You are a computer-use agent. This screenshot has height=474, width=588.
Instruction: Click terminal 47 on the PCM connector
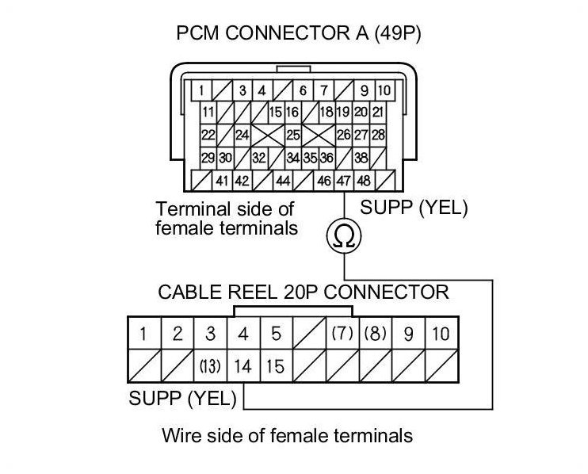(344, 181)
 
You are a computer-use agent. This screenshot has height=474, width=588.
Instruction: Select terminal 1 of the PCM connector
(204, 90)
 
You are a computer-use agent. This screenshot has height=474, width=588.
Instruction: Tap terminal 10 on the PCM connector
(384, 90)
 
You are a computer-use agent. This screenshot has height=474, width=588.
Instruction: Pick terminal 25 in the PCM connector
(293, 135)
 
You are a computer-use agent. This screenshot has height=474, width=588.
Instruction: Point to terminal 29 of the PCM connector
(208, 158)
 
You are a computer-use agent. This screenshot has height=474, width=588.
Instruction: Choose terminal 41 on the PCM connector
(223, 181)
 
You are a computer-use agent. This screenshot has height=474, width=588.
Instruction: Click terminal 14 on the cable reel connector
(243, 367)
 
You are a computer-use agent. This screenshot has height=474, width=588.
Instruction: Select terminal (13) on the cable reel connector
(210, 367)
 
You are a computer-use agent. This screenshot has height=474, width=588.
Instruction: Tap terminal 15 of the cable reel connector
(275, 367)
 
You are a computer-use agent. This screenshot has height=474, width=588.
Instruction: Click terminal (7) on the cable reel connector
(342, 334)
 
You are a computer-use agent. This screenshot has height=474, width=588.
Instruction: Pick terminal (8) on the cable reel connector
(375, 334)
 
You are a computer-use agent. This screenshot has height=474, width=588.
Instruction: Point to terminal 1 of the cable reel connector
(143, 334)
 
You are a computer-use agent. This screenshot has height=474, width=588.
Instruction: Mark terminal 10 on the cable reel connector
(441, 334)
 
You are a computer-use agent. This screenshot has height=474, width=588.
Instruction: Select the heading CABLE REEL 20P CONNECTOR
(303, 292)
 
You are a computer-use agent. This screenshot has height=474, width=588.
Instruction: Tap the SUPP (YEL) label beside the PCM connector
(414, 209)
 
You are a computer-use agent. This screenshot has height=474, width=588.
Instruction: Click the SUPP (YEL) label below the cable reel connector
(182, 398)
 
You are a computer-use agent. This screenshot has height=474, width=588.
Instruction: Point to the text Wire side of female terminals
(287, 435)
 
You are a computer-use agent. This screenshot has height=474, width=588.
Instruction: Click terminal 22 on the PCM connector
(208, 135)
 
